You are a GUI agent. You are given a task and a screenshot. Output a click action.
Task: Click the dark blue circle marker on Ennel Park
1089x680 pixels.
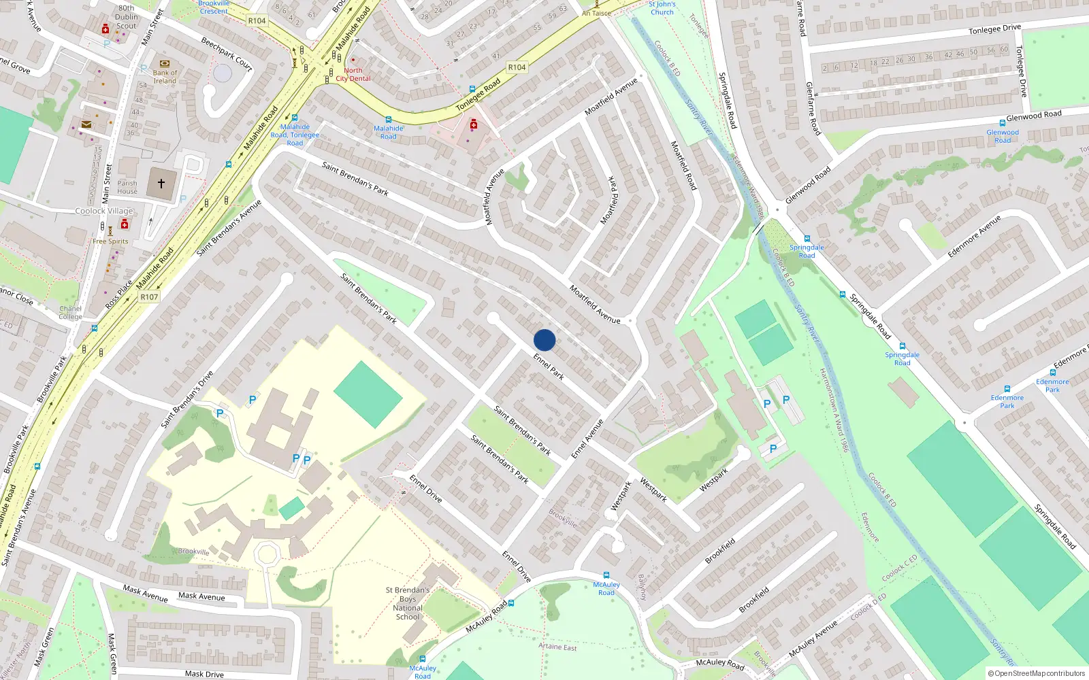pos(544,340)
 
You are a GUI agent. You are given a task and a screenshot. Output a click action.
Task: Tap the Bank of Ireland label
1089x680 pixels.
pos(165,77)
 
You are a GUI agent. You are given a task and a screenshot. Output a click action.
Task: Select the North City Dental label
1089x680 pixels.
pos(353,74)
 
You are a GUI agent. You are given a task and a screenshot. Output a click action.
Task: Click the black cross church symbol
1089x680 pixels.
pos(161,184)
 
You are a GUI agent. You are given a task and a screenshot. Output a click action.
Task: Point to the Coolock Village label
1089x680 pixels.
pos(104,211)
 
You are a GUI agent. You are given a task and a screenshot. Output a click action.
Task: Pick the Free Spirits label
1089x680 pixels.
pos(110,241)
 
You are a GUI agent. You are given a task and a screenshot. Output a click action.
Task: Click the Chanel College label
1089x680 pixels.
pos(70,313)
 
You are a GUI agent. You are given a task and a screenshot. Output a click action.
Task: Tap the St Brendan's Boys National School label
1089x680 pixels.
pos(408,604)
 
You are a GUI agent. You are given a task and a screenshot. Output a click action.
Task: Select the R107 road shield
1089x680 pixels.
pos(149,297)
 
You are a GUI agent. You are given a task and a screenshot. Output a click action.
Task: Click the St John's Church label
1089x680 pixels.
pos(662,8)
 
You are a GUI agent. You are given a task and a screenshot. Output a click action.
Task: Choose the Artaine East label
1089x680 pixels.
pos(557,647)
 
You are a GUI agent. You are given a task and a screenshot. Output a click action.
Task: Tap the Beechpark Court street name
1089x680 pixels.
pos(227,54)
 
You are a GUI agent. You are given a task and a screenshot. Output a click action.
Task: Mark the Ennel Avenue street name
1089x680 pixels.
pos(587,439)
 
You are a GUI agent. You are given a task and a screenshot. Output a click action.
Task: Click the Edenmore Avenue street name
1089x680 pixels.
pos(974,237)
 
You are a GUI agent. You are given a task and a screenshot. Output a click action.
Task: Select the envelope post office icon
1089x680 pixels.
pos(86,124)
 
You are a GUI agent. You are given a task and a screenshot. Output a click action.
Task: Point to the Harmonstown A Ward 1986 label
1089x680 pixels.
pos(834,411)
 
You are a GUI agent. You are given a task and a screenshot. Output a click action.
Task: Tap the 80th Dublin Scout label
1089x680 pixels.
pos(126,17)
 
